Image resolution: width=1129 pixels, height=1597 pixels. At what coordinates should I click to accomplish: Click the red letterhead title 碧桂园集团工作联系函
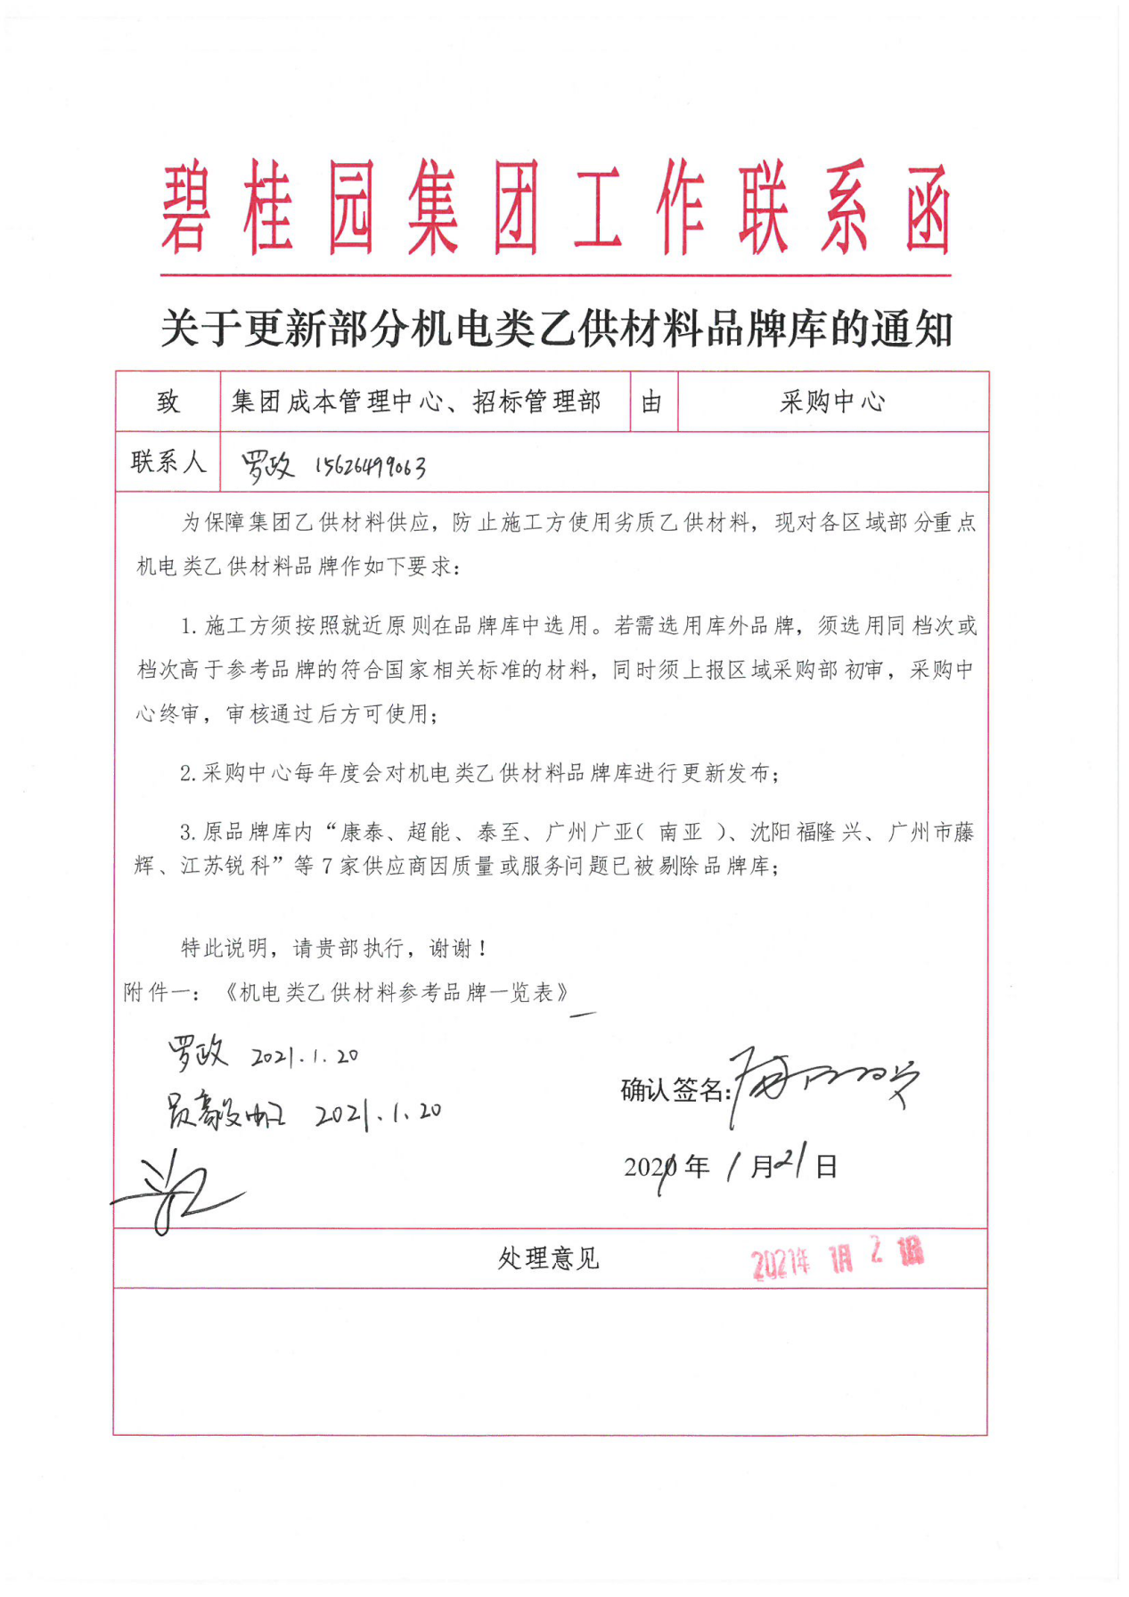coord(556,209)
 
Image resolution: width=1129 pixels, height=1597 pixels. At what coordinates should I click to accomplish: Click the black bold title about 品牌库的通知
coord(556,329)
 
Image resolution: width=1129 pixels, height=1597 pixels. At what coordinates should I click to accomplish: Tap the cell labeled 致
coord(168,402)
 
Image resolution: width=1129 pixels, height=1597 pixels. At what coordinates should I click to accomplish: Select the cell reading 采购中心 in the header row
coord(832,402)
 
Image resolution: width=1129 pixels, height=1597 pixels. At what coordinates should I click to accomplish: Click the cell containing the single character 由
coord(652,402)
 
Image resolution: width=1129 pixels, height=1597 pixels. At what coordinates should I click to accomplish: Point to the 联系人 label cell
coord(168,461)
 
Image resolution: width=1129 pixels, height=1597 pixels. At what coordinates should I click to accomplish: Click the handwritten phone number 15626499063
coord(370,466)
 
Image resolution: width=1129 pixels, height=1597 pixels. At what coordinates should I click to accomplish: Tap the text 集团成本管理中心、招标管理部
coord(416,402)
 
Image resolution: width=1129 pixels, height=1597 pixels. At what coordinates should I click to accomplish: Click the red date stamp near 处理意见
coord(836,1258)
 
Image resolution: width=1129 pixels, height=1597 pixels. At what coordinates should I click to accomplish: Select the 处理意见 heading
coord(548,1258)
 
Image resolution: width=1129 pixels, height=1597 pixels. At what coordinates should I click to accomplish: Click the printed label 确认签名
coord(673,1089)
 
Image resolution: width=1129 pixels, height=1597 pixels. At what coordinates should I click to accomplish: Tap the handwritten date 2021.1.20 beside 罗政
coord(305,1056)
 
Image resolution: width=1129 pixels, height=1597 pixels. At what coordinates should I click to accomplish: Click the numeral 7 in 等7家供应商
coord(327,866)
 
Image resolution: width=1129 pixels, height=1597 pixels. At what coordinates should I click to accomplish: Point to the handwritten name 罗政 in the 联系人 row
coord(266,464)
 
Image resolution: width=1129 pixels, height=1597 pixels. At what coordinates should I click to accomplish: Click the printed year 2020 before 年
coord(650,1167)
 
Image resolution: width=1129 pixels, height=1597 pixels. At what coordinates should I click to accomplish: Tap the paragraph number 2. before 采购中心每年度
coord(187,773)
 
